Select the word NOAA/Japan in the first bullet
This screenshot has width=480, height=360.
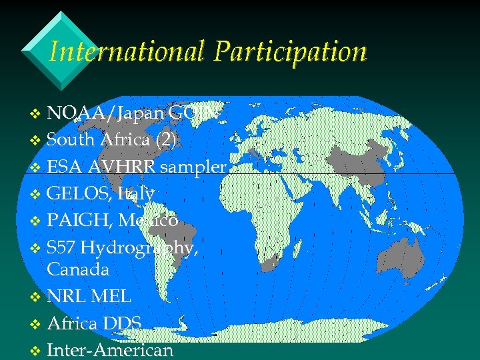tap(106, 113)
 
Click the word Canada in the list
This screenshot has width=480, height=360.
tap(78, 270)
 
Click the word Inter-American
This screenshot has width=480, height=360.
tap(110, 349)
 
